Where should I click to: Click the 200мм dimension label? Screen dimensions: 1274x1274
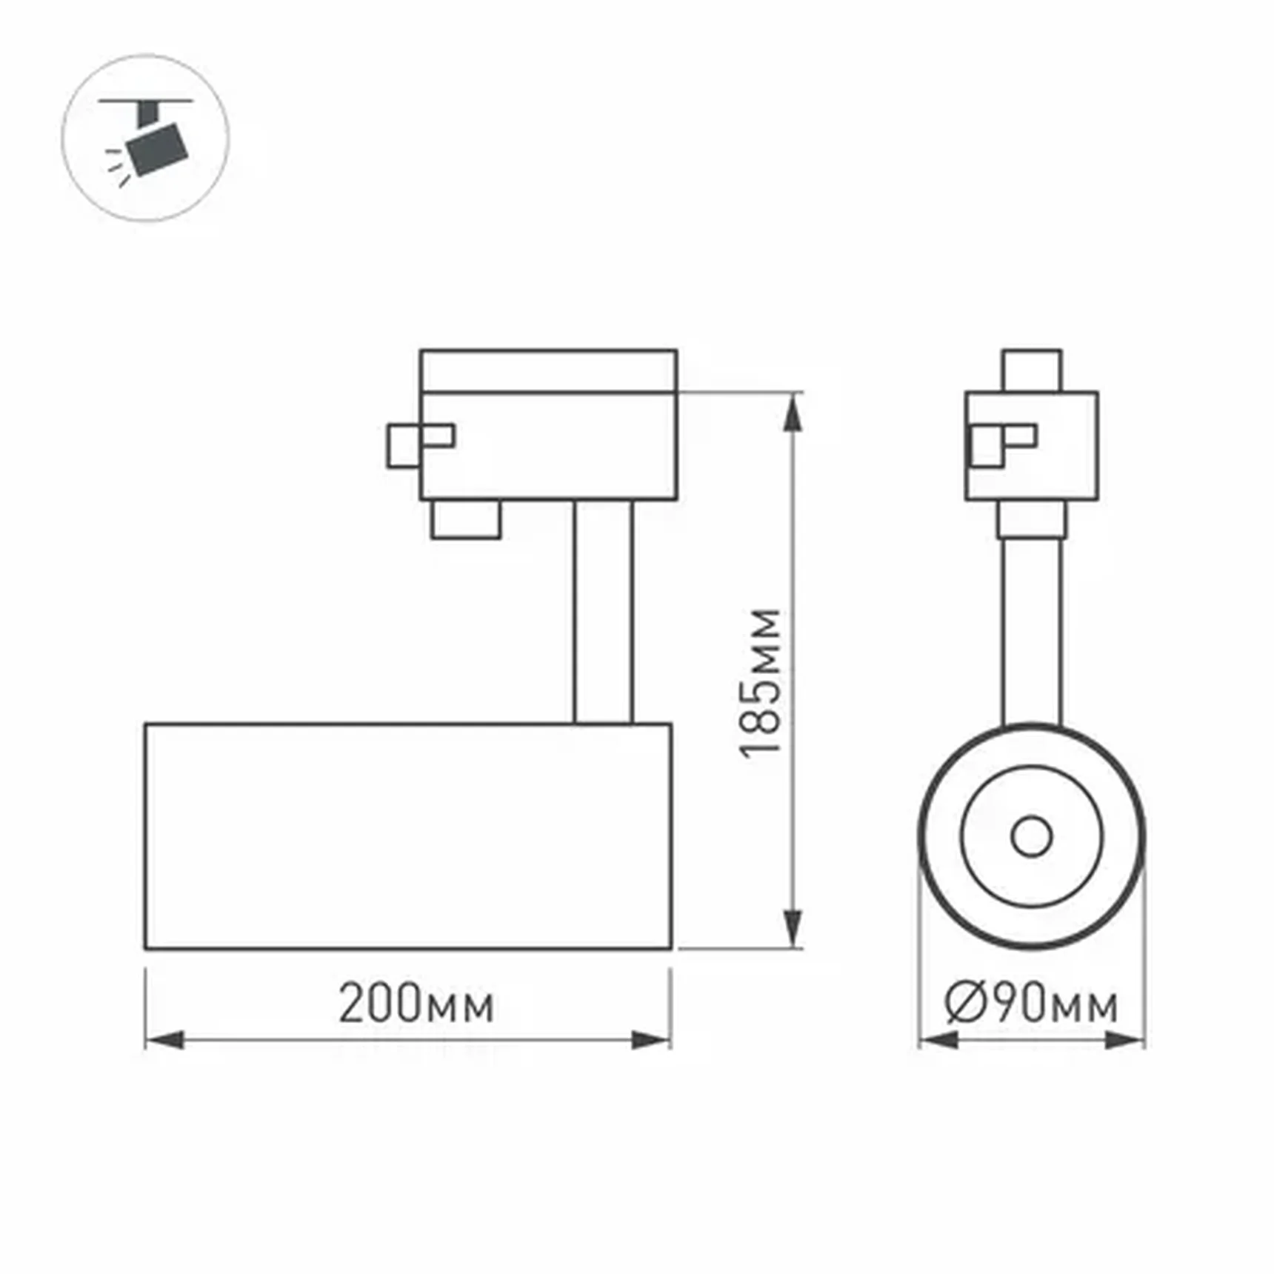point(416,1004)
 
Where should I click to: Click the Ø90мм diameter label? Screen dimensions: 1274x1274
point(1031,1004)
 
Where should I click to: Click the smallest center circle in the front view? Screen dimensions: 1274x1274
point(1031,836)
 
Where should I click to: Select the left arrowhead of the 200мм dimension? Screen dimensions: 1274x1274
point(164,1040)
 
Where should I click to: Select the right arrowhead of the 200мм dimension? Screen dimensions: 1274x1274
point(650,1040)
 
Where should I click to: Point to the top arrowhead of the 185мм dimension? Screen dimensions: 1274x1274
point(793,412)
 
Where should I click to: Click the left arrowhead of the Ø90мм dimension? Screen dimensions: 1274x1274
point(938,1040)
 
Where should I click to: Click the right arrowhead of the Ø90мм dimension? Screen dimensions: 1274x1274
point(1124,1040)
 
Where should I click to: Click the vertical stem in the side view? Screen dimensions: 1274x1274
point(603,611)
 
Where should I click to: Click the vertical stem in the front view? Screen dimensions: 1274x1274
point(1031,630)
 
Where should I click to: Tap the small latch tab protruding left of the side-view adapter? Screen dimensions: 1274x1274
point(404,446)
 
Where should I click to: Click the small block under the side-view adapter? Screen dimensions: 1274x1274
point(466,519)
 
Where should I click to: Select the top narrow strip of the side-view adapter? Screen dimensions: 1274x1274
point(548,370)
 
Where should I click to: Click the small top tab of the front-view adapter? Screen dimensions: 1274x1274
point(1031,370)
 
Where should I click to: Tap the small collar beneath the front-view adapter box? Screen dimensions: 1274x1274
point(1031,519)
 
